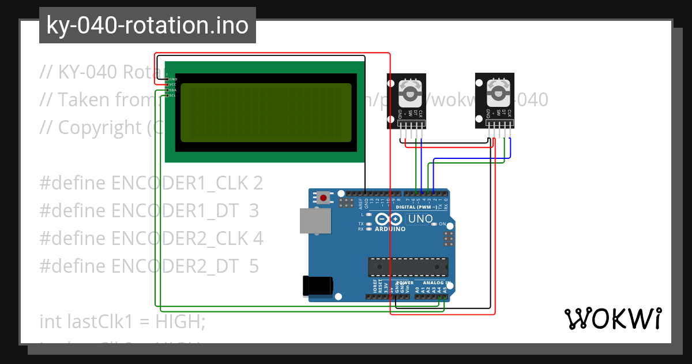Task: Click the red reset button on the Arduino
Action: [x=324, y=198]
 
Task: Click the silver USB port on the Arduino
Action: [x=316, y=221]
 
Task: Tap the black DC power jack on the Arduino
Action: [x=318, y=285]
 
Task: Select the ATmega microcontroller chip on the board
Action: [x=408, y=267]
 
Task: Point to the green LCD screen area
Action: [x=266, y=113]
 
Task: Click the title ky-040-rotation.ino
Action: [x=148, y=25]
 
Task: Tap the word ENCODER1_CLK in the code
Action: [x=180, y=183]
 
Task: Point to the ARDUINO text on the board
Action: [x=390, y=229]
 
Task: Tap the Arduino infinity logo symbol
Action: [x=389, y=219]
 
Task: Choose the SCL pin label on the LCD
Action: [x=172, y=95]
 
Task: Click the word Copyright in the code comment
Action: [x=95, y=127]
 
